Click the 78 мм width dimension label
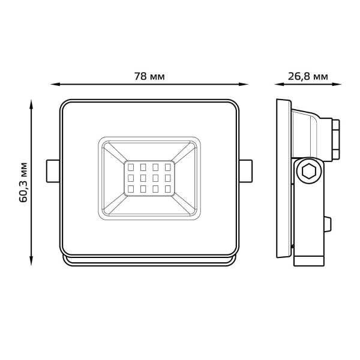tap(149, 77)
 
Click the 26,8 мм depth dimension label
tap(308, 77)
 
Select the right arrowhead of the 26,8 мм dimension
tap(337, 85)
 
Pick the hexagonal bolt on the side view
tap(308, 173)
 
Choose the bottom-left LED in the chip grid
tap(130, 189)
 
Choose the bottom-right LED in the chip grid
tap(167, 189)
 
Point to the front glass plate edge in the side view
tap(281, 180)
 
